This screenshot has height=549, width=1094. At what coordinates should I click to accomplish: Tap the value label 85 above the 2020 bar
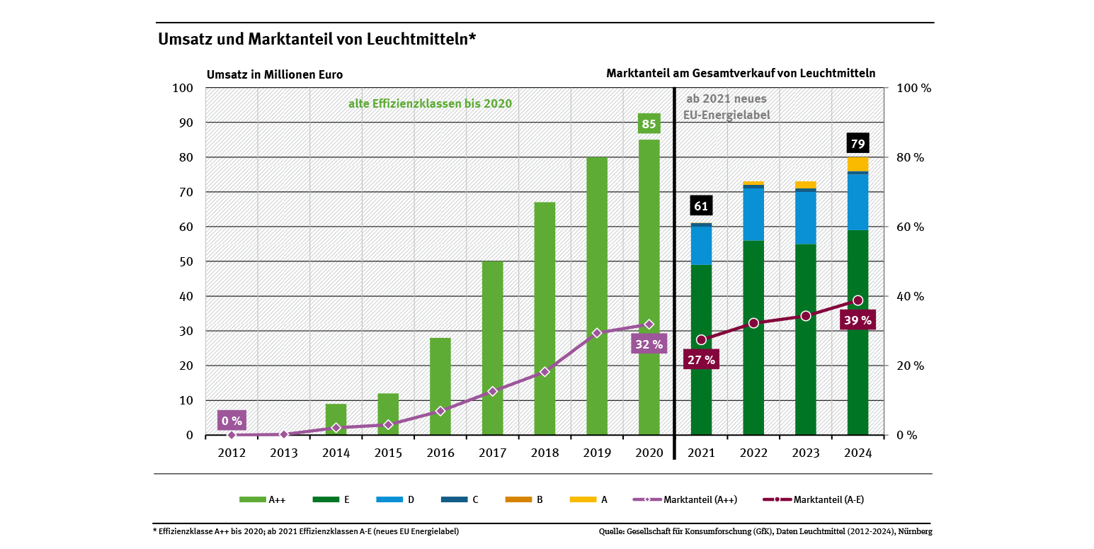649,125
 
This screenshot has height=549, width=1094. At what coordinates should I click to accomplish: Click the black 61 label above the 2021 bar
701,206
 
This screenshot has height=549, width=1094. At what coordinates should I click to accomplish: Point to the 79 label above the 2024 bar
857,145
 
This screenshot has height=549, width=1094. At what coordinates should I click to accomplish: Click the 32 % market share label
649,345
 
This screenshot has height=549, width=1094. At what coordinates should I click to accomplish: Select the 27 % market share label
701,359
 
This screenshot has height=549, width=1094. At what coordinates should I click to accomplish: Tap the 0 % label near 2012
232,421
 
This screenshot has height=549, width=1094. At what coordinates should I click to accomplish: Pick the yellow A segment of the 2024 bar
857,164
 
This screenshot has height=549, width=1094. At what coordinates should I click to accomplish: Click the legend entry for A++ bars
262,499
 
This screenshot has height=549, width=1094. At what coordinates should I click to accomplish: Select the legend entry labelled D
399,499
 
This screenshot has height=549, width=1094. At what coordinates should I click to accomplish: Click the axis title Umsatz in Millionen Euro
275,74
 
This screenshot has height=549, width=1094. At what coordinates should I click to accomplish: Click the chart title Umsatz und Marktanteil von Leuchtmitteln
317,39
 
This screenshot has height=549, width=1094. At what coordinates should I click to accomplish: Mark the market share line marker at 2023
805,316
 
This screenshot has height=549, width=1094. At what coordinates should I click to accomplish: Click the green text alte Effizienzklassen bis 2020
430,103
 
